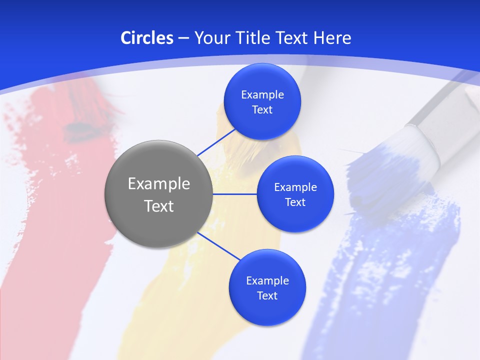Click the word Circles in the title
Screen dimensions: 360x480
(x=146, y=38)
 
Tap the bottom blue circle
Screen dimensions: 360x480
(x=267, y=310)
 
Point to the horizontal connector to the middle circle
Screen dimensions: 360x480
(x=235, y=194)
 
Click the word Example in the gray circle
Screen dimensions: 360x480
(x=159, y=184)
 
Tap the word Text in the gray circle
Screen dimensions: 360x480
(x=159, y=206)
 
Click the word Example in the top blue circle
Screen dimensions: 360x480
(x=262, y=95)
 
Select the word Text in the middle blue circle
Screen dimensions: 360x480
(x=295, y=202)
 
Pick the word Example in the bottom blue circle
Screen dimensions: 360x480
(x=267, y=281)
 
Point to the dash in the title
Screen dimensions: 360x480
(x=183, y=38)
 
